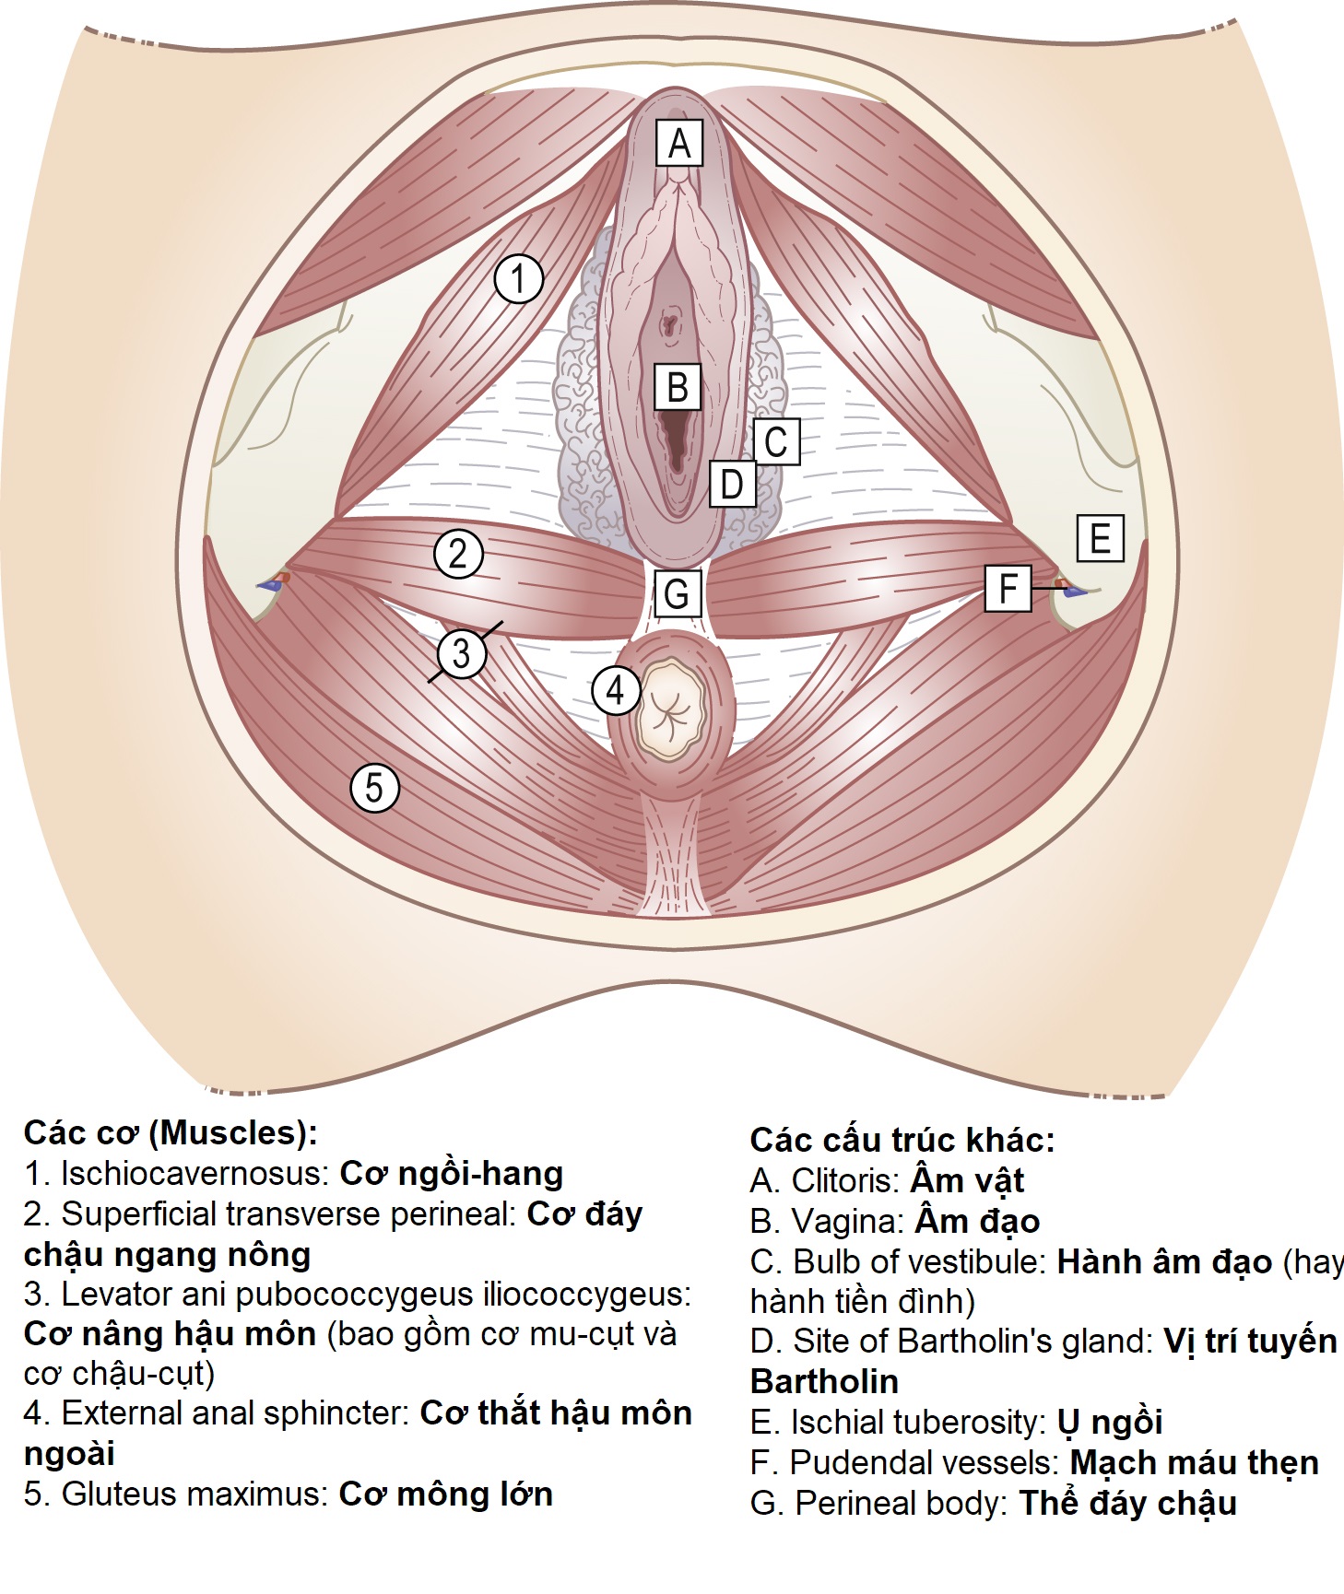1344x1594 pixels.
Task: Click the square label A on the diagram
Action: [678, 143]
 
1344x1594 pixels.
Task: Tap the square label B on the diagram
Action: [678, 387]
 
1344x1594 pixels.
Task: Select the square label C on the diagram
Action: [776, 441]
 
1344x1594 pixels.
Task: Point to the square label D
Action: [732, 484]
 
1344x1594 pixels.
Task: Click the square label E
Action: [1100, 538]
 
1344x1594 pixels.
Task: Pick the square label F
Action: [1008, 588]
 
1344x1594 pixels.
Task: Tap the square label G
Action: [677, 593]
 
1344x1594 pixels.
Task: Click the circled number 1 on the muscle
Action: [518, 278]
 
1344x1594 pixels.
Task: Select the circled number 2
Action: [458, 554]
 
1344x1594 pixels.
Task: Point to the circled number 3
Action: [461, 653]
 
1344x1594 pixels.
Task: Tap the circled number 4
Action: [615, 690]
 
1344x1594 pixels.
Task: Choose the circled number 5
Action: [374, 787]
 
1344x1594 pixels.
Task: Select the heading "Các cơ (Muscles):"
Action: [171, 1132]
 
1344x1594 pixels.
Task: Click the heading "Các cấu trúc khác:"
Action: [902, 1140]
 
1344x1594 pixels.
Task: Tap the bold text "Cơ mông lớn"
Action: [445, 1494]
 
